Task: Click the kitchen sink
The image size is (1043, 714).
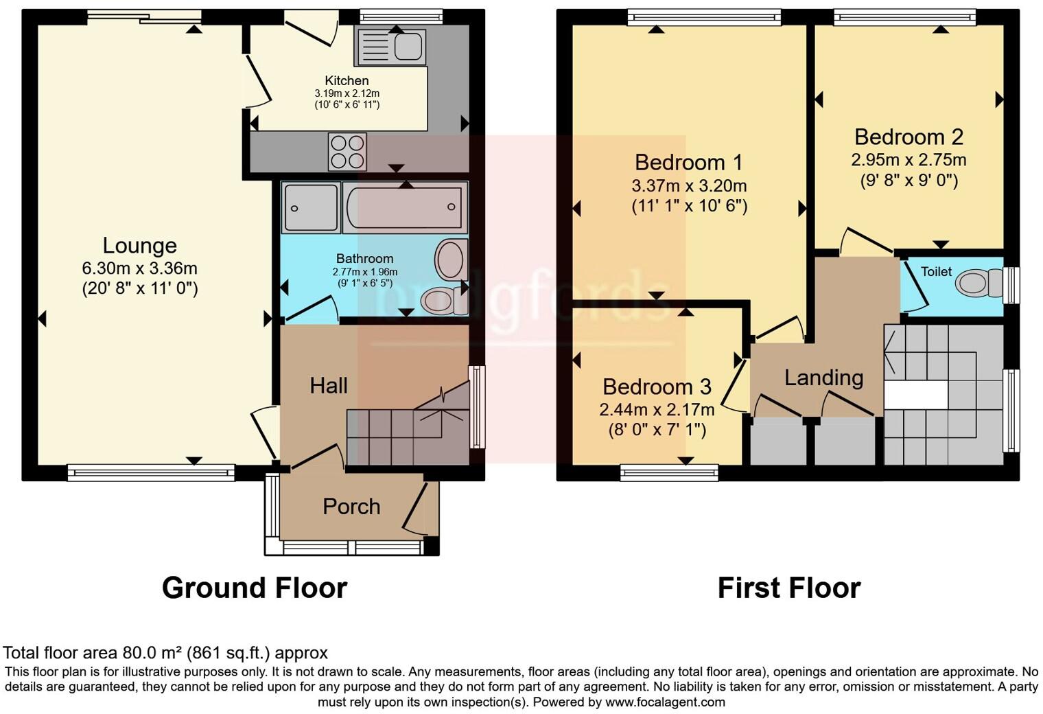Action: [390, 47]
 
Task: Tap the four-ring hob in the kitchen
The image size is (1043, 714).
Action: [347, 152]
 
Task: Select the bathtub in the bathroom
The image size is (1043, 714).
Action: [404, 207]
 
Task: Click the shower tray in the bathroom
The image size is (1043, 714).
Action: [310, 207]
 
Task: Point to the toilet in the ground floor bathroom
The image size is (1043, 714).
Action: [441, 300]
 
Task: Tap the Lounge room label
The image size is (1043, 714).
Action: [139, 245]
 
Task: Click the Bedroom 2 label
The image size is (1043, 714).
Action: [909, 137]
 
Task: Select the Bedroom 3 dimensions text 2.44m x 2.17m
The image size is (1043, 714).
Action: [657, 410]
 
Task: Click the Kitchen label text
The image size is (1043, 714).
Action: [347, 80]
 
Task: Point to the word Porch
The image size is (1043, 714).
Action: [351, 507]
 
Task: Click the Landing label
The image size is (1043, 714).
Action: [823, 378]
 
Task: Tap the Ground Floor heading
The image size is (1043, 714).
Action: [254, 588]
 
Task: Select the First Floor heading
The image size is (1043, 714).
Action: [788, 588]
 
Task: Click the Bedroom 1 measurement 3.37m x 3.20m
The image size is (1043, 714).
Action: [689, 185]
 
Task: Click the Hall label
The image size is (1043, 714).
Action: [328, 386]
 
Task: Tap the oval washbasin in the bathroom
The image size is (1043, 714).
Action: [451, 260]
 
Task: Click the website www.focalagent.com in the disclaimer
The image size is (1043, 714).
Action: [665, 702]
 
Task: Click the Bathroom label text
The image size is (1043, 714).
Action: [364, 259]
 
